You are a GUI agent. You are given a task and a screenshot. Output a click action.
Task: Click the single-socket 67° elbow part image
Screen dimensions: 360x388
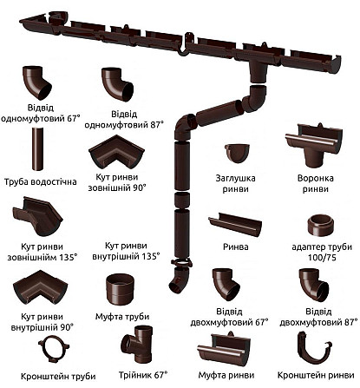(36, 82)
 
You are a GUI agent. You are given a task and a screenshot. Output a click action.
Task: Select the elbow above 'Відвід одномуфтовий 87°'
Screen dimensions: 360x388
(116, 84)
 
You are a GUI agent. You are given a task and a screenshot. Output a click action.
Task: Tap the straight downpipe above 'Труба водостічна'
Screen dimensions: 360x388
(37, 149)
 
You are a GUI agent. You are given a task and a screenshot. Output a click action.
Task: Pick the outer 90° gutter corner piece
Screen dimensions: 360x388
(116, 152)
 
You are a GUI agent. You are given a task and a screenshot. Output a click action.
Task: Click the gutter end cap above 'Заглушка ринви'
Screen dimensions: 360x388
(237, 153)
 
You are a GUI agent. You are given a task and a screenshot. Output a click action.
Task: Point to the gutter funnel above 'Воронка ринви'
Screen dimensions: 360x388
(314, 145)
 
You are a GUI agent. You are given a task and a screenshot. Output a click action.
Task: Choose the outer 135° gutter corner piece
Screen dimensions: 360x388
(37, 215)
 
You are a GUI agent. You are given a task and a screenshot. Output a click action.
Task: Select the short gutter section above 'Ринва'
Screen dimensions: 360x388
(235, 224)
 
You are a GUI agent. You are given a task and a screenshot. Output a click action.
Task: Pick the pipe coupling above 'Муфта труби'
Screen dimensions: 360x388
(120, 288)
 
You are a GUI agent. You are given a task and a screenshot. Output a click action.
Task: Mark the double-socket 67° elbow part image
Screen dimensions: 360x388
(226, 285)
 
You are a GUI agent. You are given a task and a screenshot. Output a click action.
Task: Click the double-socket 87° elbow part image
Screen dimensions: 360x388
(313, 285)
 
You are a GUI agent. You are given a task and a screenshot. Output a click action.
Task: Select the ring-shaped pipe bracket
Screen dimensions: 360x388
(54, 349)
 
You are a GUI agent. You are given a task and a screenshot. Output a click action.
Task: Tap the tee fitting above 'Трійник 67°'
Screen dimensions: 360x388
(137, 345)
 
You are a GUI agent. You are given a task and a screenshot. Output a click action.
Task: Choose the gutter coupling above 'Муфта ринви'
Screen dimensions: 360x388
(226, 349)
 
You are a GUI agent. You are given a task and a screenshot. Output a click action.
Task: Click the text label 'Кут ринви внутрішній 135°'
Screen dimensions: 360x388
(126, 251)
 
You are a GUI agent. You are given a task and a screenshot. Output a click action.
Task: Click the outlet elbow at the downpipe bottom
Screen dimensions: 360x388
(179, 279)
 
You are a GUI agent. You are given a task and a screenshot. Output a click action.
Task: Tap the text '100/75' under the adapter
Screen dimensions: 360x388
(322, 258)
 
